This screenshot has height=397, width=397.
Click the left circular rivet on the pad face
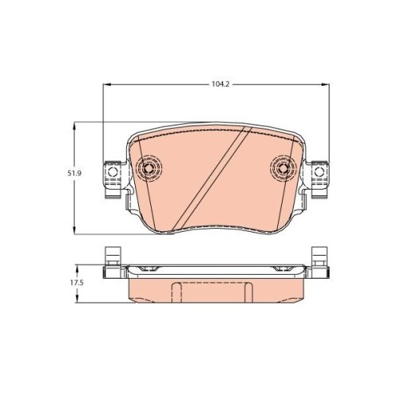[149, 168]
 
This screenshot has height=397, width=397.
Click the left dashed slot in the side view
[178, 290]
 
